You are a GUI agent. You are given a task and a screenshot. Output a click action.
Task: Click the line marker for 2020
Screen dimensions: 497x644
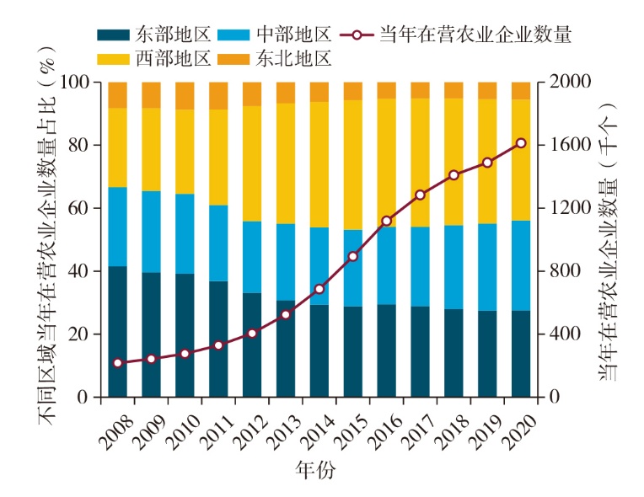521,143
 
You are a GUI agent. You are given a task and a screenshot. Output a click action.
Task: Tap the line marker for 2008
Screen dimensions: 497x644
118,363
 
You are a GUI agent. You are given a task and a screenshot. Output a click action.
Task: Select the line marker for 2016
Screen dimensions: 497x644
387,221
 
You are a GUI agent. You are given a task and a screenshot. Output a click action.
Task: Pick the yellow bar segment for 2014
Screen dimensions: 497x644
319,164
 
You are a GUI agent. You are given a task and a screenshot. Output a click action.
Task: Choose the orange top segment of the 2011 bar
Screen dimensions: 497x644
218,95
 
